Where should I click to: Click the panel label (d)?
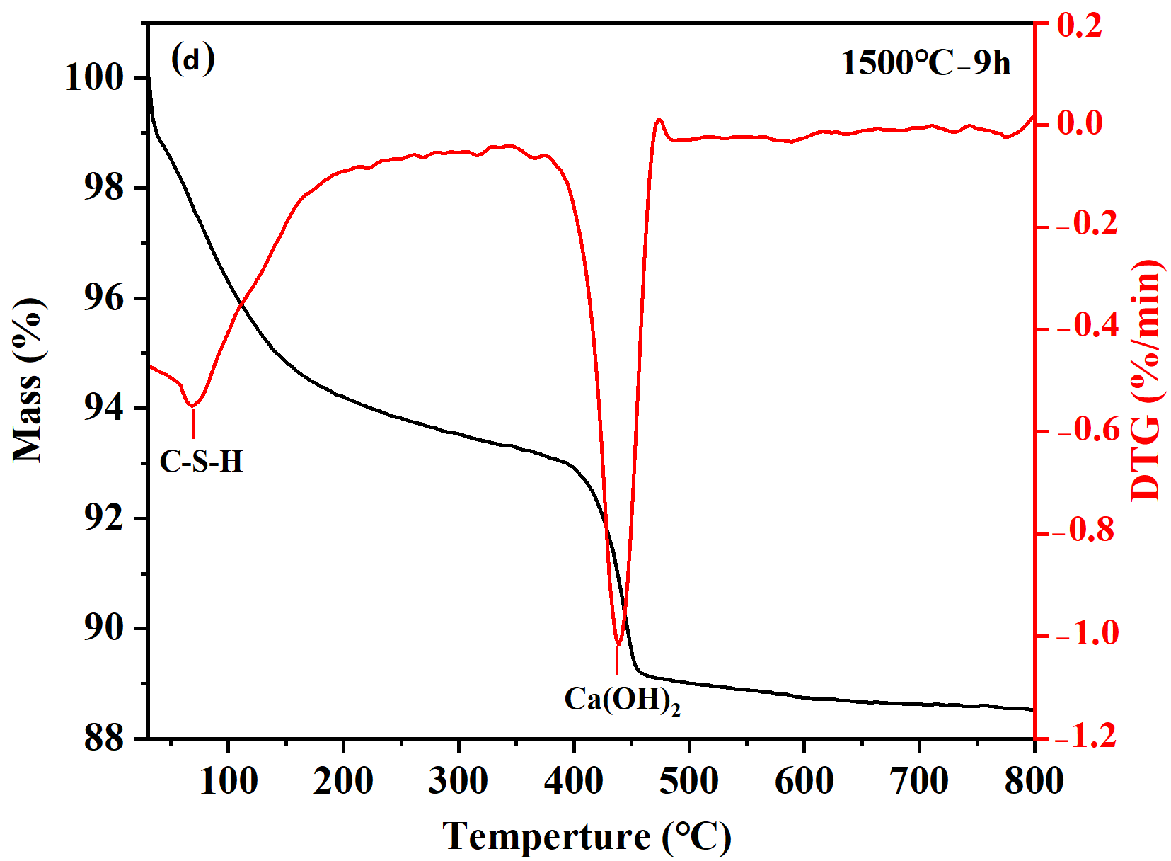click(192, 59)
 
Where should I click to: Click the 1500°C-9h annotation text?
click(925, 63)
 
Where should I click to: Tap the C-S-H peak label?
click(202, 462)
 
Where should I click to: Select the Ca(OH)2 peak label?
click(622, 700)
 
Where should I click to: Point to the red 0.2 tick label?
click(1079, 25)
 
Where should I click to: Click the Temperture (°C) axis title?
click(587, 836)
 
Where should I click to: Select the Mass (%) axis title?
click(29, 380)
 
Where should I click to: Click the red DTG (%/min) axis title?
click(1146, 380)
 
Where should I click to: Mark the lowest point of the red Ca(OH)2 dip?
click(618, 645)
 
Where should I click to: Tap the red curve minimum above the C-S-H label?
click(192, 406)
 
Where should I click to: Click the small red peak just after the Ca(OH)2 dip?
click(659, 120)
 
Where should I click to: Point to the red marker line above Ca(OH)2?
click(617, 661)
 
